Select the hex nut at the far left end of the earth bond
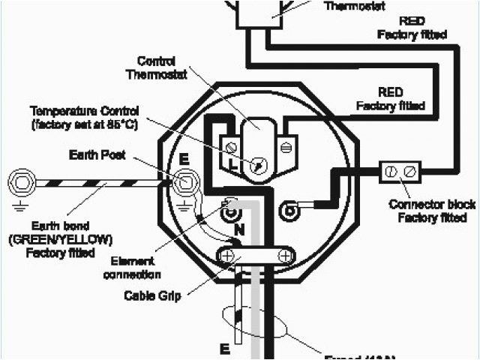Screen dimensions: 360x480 tap(20, 181)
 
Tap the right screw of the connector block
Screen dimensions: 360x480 tap(409, 172)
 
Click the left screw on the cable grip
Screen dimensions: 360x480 tap(226, 256)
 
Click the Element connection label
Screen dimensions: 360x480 tap(132, 268)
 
